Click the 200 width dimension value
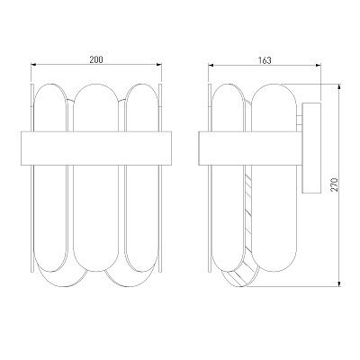96,59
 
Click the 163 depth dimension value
265,60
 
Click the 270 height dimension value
335,184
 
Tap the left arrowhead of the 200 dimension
33,64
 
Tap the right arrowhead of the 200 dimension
159,64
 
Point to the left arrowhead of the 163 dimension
211,65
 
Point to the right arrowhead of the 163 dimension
319,65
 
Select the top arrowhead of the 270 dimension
339,86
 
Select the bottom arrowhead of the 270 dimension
339,284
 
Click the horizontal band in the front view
96,148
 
